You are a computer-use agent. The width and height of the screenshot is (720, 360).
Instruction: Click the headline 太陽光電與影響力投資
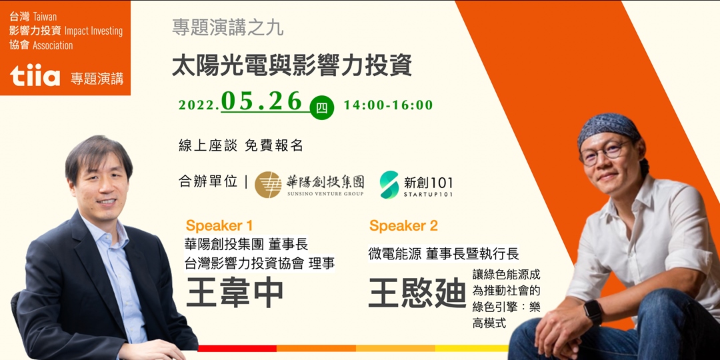pos(292,65)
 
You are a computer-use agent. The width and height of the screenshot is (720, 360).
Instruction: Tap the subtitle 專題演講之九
pos(227,28)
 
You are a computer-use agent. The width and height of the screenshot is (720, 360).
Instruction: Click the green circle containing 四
pos(322,107)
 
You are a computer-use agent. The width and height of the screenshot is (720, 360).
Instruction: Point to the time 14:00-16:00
pos(388,105)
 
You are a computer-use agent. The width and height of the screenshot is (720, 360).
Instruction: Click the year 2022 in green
pos(198,106)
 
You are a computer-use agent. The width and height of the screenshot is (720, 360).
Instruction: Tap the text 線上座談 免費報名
pos(241,145)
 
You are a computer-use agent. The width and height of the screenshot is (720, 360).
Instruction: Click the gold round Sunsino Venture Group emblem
pos(268,185)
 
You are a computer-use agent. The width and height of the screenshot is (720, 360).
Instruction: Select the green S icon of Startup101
pos(389,184)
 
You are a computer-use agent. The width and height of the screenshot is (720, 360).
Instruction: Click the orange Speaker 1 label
pos(219,225)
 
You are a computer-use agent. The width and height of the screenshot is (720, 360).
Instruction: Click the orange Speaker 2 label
pos(403,225)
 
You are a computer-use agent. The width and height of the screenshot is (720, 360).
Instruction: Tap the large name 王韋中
pos(235,294)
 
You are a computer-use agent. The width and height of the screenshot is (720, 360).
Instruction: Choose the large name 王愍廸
pos(417,294)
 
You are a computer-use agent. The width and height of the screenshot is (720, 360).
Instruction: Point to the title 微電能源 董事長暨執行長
pos(443,254)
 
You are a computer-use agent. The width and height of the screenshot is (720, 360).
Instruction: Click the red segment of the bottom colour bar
pos(237,348)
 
